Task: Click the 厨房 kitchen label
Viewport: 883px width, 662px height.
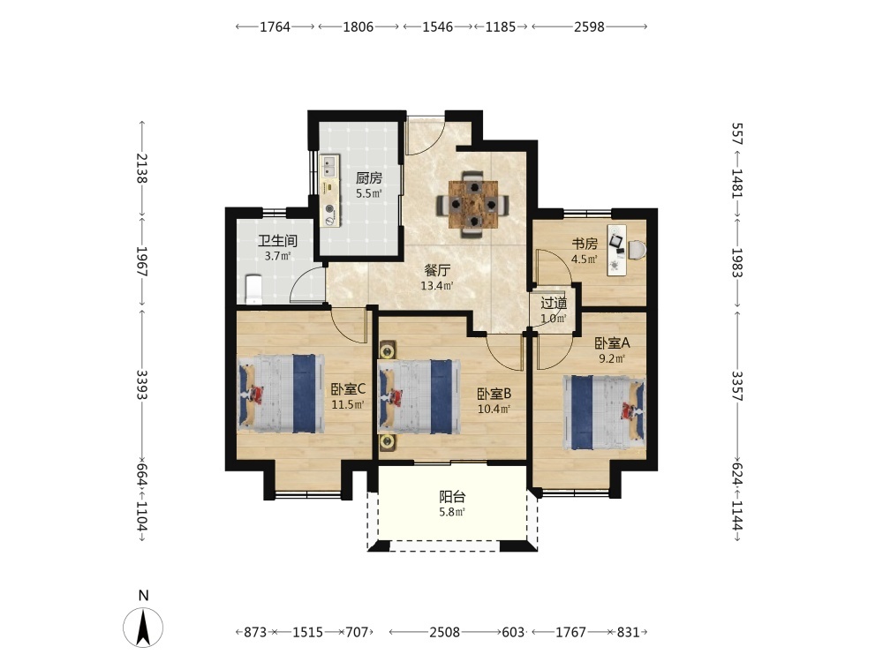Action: tap(369, 178)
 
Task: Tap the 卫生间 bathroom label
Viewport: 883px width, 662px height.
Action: tap(277, 241)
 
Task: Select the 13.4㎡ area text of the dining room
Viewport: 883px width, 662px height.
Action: tap(437, 286)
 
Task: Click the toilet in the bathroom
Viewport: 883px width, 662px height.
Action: tap(254, 288)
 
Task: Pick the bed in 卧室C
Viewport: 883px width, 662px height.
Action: tap(281, 393)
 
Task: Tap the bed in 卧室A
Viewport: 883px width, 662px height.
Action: tap(604, 412)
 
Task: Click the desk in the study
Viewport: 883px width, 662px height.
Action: tap(616, 250)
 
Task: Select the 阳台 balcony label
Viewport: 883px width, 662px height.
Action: tap(452, 497)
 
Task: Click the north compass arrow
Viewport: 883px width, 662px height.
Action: tap(144, 627)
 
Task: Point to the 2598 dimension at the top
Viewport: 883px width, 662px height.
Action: tap(589, 26)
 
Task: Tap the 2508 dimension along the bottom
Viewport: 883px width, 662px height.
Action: tap(444, 632)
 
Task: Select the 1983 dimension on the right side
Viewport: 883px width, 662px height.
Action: tap(737, 263)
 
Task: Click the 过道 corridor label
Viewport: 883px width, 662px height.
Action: tap(554, 304)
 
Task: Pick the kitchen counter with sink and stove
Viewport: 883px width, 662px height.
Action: tap(330, 191)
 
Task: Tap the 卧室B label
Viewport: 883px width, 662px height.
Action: tap(494, 394)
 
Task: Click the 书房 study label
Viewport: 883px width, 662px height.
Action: tap(585, 244)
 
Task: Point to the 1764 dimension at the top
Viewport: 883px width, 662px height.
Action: tap(275, 26)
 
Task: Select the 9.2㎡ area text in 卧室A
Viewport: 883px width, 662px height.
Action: tap(612, 357)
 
